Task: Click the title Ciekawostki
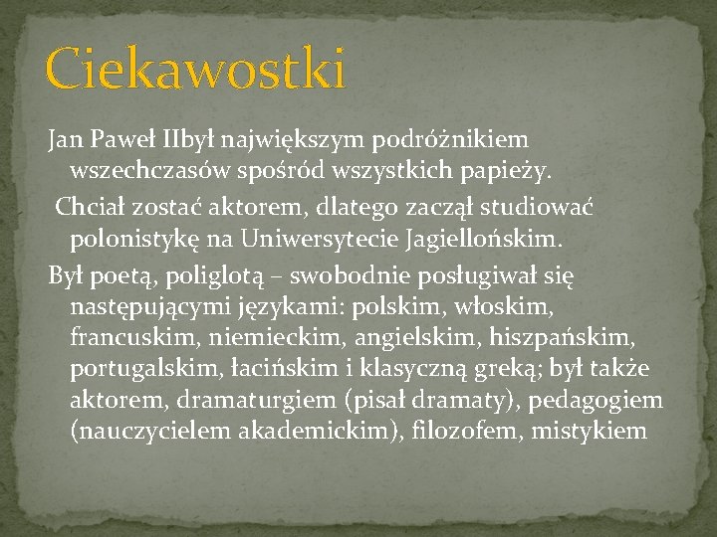click(195, 70)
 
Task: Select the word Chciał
click(90, 206)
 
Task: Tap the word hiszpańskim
click(575, 336)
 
